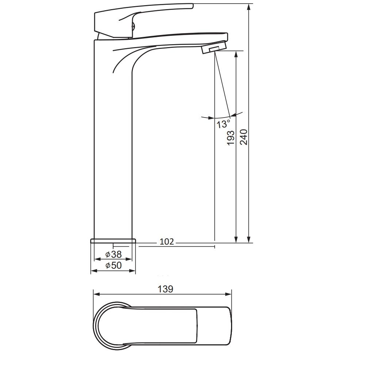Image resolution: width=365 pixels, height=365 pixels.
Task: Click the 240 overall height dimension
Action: coord(244,137)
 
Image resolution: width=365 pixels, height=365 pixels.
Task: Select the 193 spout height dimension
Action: coord(231,138)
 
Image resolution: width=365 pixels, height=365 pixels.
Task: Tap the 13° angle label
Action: coord(223,124)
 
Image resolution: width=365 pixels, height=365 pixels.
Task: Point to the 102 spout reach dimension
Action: coord(167,242)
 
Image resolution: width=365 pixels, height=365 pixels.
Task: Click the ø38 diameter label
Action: coord(114,254)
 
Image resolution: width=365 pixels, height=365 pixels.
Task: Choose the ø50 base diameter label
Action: coord(114,265)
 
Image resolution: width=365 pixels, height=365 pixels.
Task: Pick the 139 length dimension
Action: coord(165,289)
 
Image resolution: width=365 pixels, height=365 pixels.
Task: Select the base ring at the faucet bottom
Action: coord(113,241)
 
